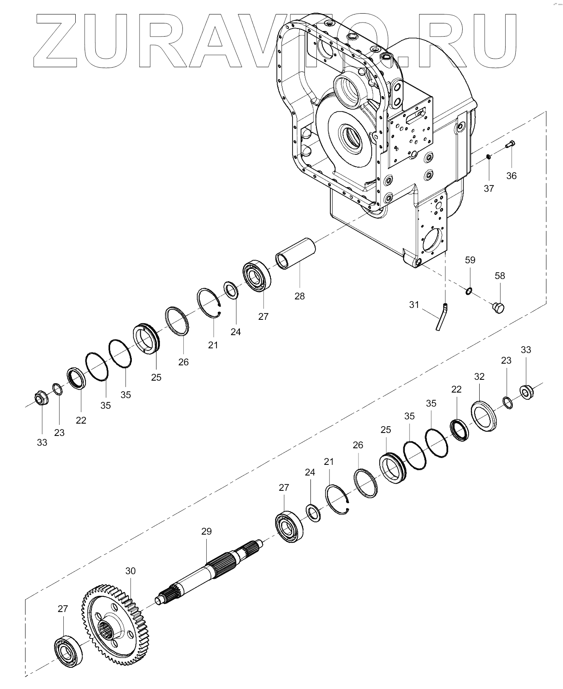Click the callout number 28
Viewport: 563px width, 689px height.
click(x=299, y=296)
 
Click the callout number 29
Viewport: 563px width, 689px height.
click(x=206, y=531)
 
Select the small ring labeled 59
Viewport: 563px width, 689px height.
click(x=469, y=291)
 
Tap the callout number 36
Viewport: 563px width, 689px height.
click(x=511, y=176)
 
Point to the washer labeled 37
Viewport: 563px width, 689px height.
click(x=489, y=158)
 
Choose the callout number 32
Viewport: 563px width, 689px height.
click(x=479, y=376)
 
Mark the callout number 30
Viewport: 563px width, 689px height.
click(x=130, y=570)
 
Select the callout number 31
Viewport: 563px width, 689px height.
click(x=414, y=305)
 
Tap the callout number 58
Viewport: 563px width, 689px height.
click(x=500, y=276)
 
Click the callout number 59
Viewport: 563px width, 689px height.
click(x=470, y=260)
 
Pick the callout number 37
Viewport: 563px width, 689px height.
click(x=489, y=188)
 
